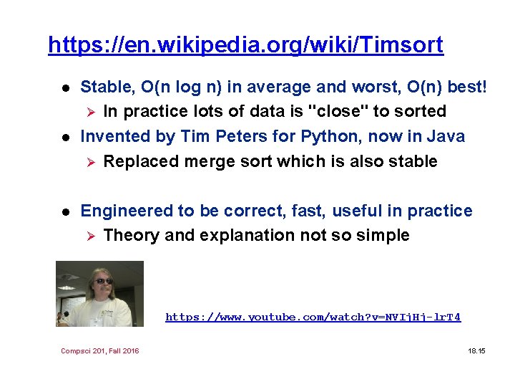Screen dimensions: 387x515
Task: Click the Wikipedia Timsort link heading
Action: click(x=245, y=45)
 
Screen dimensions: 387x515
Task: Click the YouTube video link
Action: click(x=313, y=317)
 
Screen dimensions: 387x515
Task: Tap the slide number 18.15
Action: click(x=476, y=350)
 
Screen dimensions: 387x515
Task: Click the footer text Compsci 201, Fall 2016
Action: click(x=100, y=350)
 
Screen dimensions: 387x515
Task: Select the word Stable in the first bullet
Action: click(x=107, y=87)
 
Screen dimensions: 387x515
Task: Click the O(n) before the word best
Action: click(x=425, y=87)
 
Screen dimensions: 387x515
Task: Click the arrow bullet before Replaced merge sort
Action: click(x=90, y=162)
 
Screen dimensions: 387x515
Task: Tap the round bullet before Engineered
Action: click(x=63, y=211)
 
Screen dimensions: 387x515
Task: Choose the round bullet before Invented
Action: click(x=63, y=137)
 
